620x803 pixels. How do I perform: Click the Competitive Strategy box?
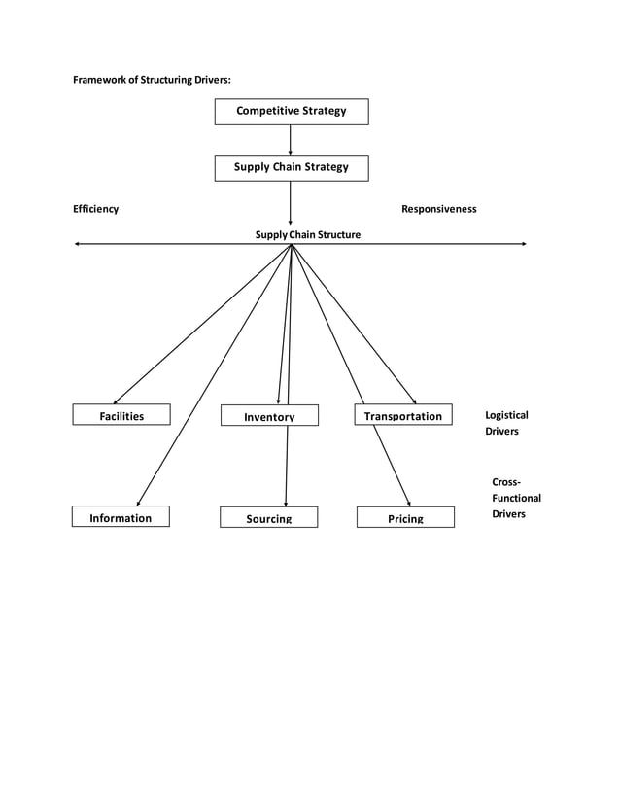(291, 112)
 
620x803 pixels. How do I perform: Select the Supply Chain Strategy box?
(291, 168)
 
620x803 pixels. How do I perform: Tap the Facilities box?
(121, 415)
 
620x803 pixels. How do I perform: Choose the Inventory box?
(269, 416)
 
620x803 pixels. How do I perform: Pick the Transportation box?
(402, 415)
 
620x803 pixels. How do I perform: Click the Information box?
(121, 517)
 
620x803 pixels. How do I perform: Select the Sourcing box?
(268, 518)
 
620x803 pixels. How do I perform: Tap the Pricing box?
(405, 518)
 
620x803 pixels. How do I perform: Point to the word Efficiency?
(96, 209)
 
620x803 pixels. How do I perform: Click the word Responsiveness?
(438, 209)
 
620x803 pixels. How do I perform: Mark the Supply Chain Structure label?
(307, 234)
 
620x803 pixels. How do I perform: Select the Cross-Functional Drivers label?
(516, 498)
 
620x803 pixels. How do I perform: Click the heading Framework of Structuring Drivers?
(153, 79)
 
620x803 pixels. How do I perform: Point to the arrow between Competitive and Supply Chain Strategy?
(291, 140)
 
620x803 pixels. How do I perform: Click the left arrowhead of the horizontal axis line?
(78, 244)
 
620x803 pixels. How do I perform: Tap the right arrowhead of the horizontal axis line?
(524, 244)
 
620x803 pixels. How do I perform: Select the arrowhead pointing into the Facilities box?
(116, 401)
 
